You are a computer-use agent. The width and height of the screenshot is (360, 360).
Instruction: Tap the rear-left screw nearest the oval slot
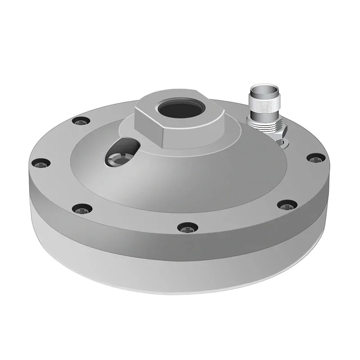[82, 121]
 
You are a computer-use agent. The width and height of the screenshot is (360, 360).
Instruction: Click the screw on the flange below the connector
[316, 158]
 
